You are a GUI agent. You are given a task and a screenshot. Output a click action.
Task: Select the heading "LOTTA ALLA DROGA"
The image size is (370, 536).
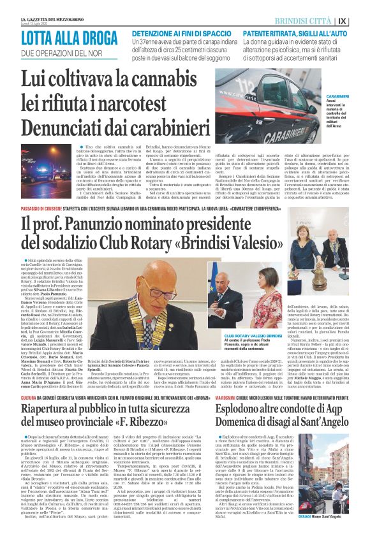click(58, 38)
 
